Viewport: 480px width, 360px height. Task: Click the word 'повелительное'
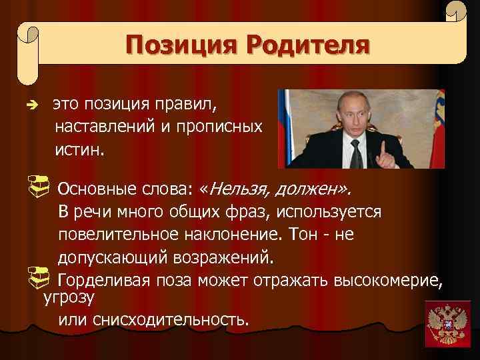pos(117,235)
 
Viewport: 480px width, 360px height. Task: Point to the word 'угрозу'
pos(69,297)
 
